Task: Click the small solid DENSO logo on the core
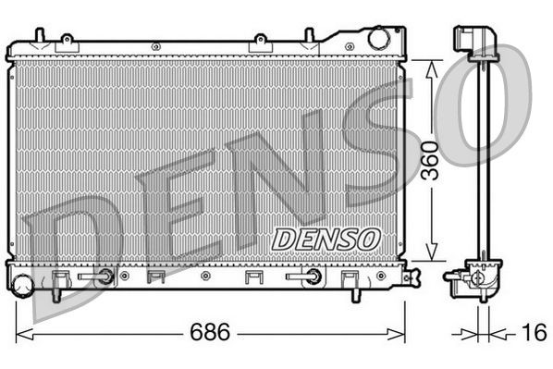click(326, 238)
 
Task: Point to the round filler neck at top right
click(379, 39)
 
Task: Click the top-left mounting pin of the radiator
click(38, 36)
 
